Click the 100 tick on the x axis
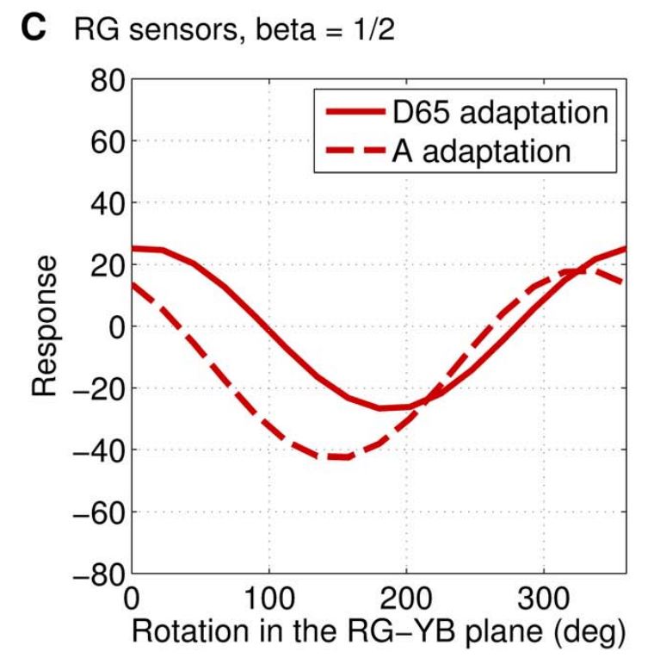pyautogui.click(x=269, y=597)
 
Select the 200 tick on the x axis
pyautogui.click(x=406, y=597)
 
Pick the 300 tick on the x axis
pyautogui.click(x=543, y=597)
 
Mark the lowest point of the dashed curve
pyautogui.click(x=336, y=457)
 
